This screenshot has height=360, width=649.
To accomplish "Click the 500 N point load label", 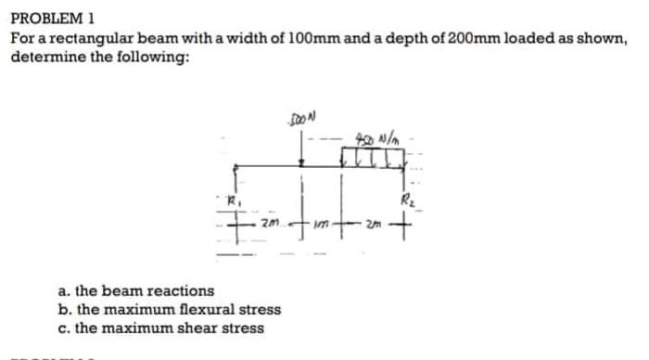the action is (299, 119).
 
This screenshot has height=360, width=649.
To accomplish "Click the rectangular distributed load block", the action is (378, 158).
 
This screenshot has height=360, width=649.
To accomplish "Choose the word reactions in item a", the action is (180, 291).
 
